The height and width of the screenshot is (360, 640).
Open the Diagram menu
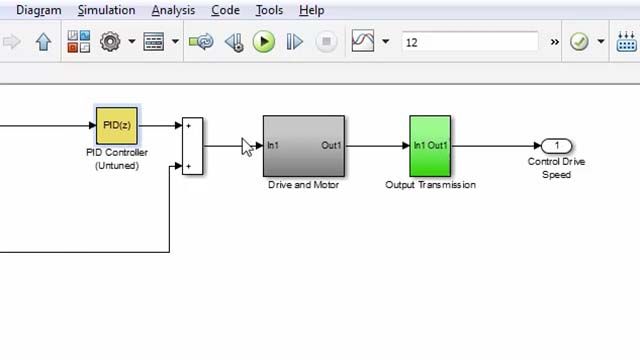[38, 10]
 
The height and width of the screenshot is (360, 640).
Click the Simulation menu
[106, 10]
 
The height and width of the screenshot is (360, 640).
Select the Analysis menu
[174, 10]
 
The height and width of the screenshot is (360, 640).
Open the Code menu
[225, 10]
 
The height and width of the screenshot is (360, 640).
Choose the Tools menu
[269, 10]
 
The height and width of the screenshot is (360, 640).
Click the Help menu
[311, 10]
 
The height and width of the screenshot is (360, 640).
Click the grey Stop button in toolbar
[326, 42]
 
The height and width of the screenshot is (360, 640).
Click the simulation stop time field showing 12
[470, 42]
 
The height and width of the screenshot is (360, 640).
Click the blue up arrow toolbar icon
[43, 42]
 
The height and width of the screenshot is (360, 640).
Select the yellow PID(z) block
[116, 125]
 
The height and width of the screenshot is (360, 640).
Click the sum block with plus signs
[192, 146]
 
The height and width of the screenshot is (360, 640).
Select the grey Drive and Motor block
[304, 146]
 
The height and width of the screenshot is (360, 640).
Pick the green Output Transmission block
[430, 146]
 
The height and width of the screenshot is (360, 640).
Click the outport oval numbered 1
[557, 146]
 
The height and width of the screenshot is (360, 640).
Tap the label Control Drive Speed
[557, 168]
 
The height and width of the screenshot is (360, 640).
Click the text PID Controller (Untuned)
[116, 159]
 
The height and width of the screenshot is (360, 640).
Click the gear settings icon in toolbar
[110, 42]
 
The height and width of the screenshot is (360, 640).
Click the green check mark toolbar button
[578, 42]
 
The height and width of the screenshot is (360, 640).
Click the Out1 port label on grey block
[332, 146]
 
